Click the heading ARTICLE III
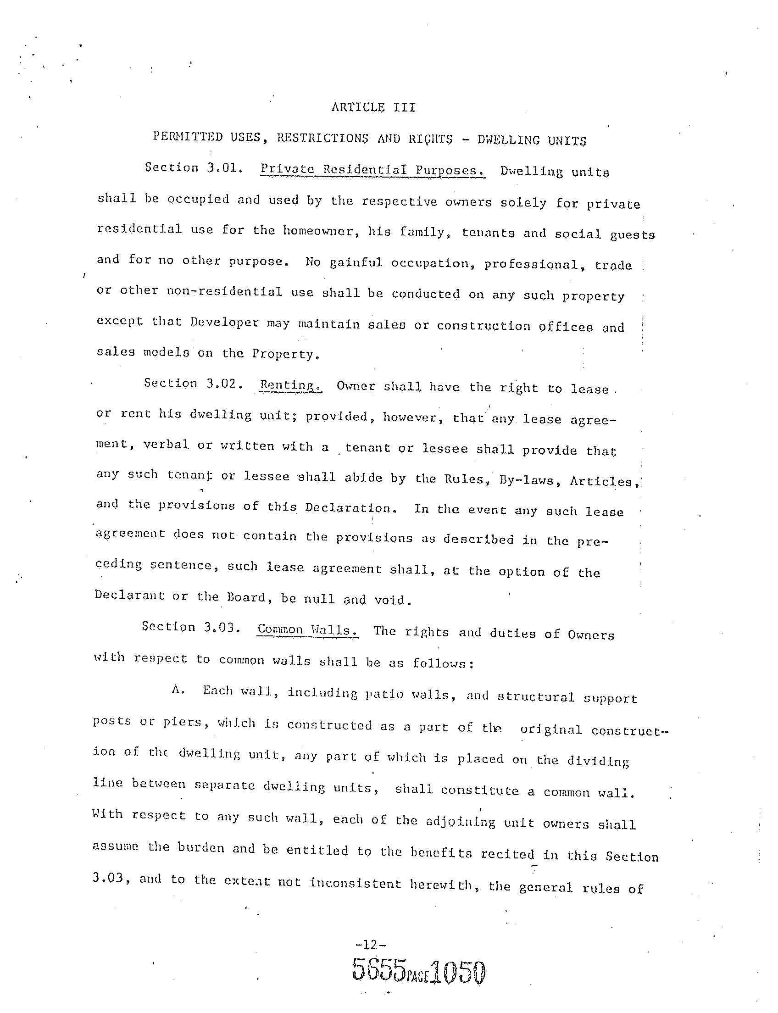pos(373,107)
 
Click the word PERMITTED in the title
pos(181,138)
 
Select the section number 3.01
pos(225,168)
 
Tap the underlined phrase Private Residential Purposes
pos(372,170)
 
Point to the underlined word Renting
pos(290,385)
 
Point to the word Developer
pos(225,322)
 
